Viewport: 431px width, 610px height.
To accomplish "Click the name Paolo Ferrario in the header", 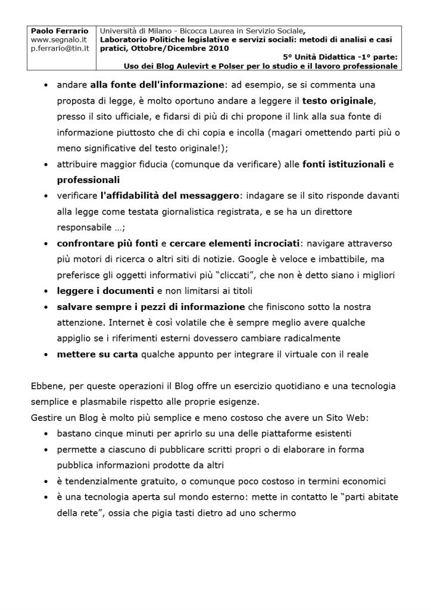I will [x=60, y=30].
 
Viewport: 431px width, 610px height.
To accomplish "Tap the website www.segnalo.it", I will [x=60, y=39].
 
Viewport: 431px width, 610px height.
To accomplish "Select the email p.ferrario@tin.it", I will [x=60, y=48].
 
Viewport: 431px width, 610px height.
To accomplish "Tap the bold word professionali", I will [x=89, y=179].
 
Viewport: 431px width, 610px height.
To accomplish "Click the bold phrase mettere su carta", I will [x=98, y=354].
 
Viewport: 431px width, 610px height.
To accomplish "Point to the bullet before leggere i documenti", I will [x=46, y=292].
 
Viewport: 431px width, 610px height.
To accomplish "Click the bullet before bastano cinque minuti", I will [x=46, y=433].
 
